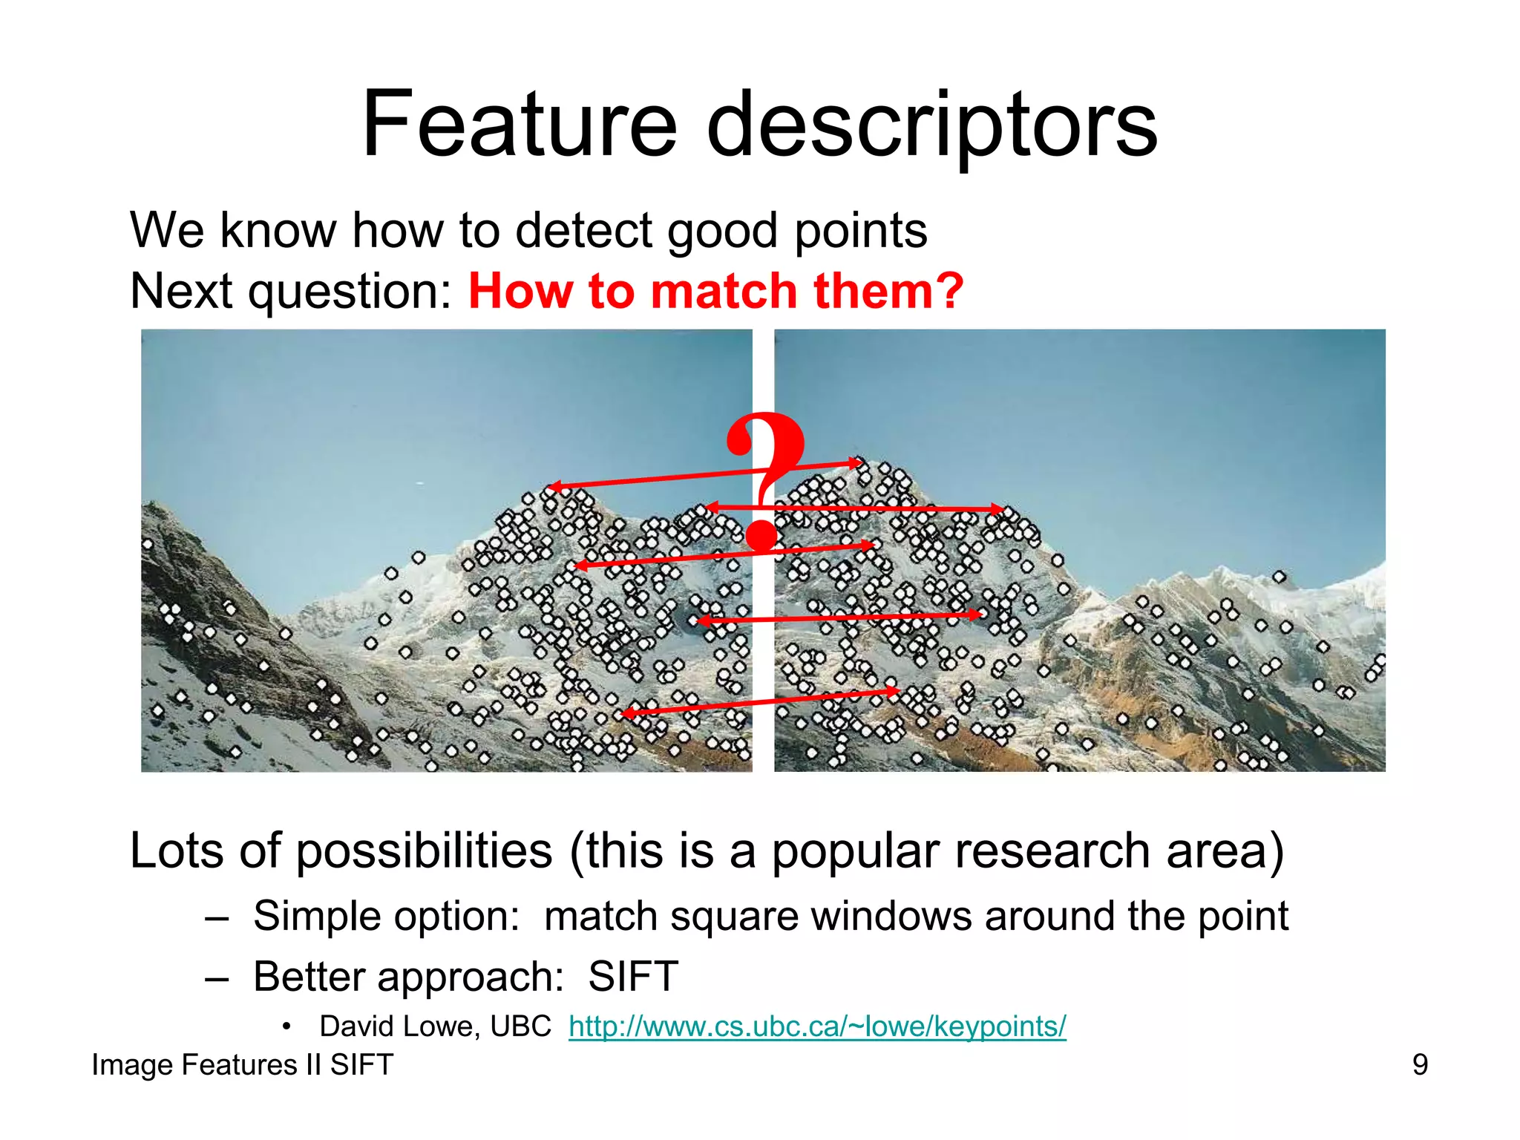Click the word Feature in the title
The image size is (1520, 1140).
click(519, 125)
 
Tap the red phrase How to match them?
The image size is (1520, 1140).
click(715, 290)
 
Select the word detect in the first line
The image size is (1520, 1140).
click(584, 230)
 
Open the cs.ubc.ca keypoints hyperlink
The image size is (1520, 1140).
click(817, 1026)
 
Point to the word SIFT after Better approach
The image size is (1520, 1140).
click(633, 976)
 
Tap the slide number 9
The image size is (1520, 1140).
click(1420, 1065)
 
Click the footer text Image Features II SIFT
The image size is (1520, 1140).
click(242, 1065)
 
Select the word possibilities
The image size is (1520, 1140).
click(424, 851)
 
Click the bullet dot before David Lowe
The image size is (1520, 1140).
click(286, 1027)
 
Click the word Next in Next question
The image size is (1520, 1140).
click(181, 290)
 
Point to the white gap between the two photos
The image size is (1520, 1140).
click(763, 668)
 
